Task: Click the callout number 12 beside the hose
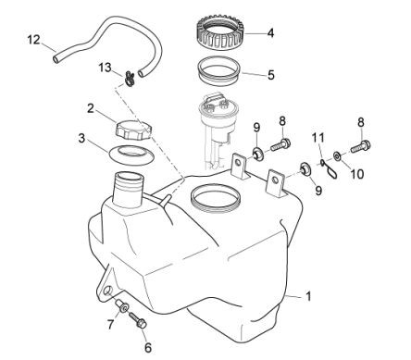click(x=33, y=40)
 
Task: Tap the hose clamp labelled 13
click(x=130, y=79)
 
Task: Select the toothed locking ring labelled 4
click(x=220, y=31)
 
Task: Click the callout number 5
click(x=270, y=75)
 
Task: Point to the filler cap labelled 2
click(x=133, y=130)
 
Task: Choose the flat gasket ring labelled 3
click(x=131, y=155)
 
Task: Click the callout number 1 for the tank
click(x=308, y=296)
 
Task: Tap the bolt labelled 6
click(x=138, y=320)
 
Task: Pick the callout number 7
click(x=110, y=324)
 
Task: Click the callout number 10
click(x=357, y=174)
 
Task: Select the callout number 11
click(x=318, y=137)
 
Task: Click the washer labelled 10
click(x=337, y=156)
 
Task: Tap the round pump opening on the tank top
click(x=216, y=199)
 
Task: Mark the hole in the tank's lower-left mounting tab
click(x=107, y=290)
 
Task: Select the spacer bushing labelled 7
click(x=122, y=306)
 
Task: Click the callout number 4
click(x=270, y=32)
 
